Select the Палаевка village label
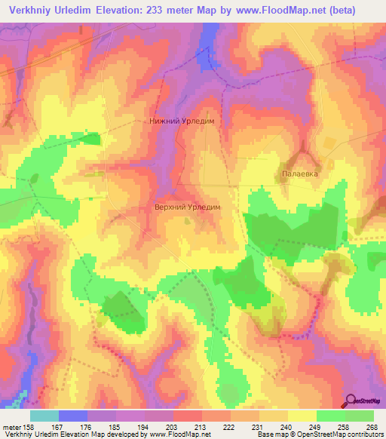(301, 173)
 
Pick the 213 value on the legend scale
(188, 428)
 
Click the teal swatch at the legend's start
(44, 416)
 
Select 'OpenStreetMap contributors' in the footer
(337, 435)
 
